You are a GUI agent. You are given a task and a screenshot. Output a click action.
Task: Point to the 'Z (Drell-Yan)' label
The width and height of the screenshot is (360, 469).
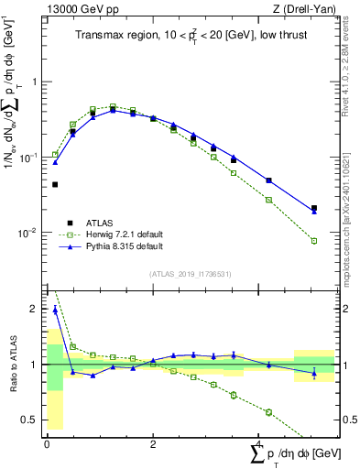click(x=310, y=9)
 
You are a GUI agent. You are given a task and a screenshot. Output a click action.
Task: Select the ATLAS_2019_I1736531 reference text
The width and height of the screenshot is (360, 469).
click(x=190, y=274)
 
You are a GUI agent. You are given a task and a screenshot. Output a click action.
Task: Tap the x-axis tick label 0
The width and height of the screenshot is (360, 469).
click(x=47, y=442)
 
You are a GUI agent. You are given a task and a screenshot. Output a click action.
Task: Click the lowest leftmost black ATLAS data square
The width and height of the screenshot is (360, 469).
click(x=55, y=184)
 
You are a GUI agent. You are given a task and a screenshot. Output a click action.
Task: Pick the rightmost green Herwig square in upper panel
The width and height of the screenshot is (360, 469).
click(x=314, y=241)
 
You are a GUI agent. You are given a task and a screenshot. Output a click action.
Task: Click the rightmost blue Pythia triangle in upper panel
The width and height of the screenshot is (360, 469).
click(x=314, y=212)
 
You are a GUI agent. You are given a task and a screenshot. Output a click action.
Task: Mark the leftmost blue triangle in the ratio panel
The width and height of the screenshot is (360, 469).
click(x=55, y=311)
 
